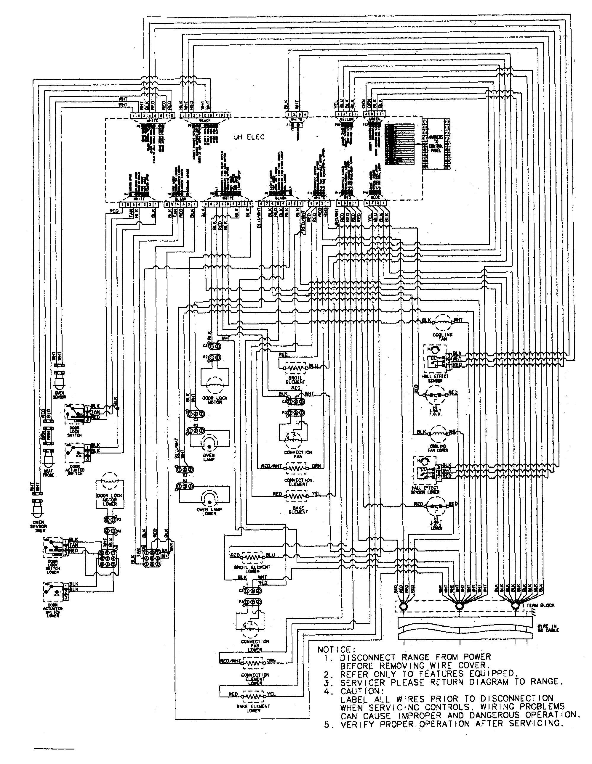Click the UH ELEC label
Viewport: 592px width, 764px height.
(x=249, y=137)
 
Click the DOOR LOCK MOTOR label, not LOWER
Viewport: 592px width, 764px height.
(x=215, y=400)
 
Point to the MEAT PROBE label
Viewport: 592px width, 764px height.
(x=48, y=473)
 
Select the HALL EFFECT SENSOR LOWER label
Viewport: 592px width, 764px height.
(x=425, y=490)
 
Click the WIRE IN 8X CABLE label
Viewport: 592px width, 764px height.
(x=548, y=628)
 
